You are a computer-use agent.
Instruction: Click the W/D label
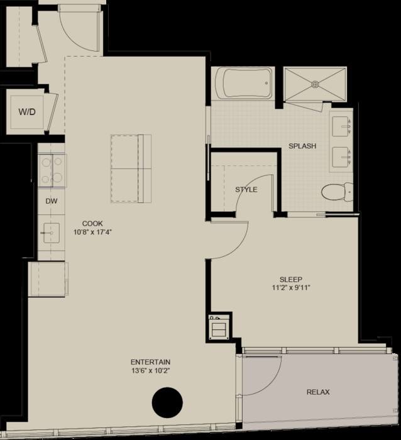pos(27,112)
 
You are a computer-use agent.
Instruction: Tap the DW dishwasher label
pos(52,201)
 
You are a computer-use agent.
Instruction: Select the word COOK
pos(92,223)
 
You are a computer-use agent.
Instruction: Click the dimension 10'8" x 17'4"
pos(92,233)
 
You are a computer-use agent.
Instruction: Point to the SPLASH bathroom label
pos(302,146)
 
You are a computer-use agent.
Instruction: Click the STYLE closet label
pos(246,190)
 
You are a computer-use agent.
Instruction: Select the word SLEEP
pos(291,280)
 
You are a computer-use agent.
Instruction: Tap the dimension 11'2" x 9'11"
pos(291,288)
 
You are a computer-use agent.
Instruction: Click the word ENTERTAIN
pos(151,362)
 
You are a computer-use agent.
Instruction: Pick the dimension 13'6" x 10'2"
pos(151,371)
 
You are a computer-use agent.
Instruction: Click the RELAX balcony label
pos(318,392)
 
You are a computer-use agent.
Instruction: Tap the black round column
pos(167,403)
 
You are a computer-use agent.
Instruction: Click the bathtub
pos(243,83)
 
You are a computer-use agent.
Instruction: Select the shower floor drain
pos(315,84)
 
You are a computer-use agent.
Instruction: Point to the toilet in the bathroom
pos(337,192)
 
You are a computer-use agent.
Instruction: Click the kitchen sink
pos(52,233)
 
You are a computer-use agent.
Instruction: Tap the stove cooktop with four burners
pos(52,170)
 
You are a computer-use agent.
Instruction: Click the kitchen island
pos(131,168)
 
